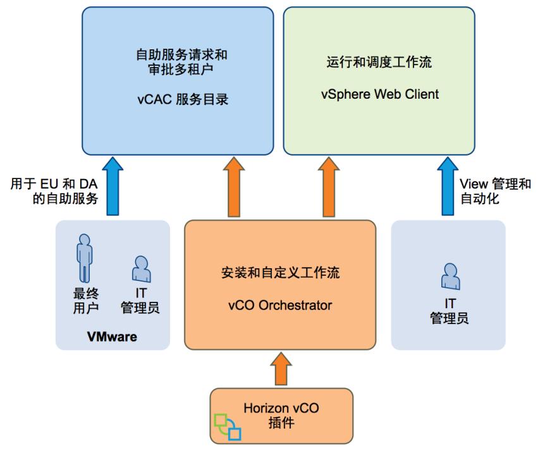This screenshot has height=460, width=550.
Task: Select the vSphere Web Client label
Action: click(378, 94)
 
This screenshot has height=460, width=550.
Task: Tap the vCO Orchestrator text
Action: click(279, 305)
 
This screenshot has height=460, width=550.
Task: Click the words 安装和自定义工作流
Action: click(279, 274)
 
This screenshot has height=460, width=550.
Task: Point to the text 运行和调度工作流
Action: click(378, 63)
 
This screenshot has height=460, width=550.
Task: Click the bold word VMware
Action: click(112, 337)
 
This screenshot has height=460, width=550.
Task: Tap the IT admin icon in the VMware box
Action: click(140, 268)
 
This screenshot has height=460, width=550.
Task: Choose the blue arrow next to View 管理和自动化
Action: click(447, 188)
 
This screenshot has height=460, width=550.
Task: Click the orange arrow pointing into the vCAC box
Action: click(236, 188)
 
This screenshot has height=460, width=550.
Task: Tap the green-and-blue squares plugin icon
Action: click(228, 427)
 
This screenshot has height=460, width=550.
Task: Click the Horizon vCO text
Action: click(281, 408)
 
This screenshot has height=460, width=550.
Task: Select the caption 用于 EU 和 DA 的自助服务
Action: click(54, 190)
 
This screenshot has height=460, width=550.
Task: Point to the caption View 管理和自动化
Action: click(494, 190)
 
